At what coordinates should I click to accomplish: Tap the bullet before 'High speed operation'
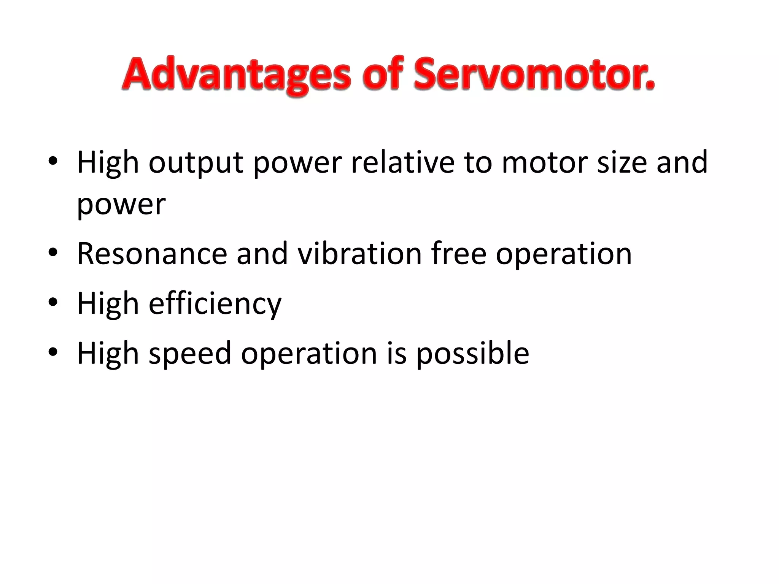coord(53,351)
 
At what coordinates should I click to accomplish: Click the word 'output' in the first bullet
coord(196,163)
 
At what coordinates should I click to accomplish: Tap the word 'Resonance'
coord(152,254)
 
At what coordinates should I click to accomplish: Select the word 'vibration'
coord(359,254)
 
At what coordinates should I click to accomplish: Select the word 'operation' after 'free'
coord(564,254)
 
